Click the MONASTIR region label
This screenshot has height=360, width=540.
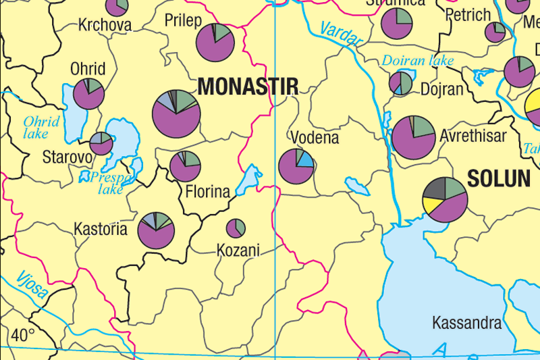click(x=248, y=86)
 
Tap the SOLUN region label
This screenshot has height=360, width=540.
click(x=498, y=178)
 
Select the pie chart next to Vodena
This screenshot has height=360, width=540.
click(x=296, y=166)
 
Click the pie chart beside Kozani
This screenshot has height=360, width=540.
click(x=236, y=228)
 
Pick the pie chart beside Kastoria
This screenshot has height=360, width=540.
click(x=157, y=230)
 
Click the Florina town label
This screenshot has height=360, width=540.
click(x=207, y=192)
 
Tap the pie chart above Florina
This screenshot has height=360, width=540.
click(x=185, y=166)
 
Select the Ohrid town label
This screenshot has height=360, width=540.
click(x=88, y=69)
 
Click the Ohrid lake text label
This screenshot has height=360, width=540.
click(x=41, y=128)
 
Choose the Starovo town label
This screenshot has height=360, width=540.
click(x=67, y=157)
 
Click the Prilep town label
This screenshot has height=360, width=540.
click(x=183, y=21)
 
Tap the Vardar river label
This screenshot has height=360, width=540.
click(x=341, y=34)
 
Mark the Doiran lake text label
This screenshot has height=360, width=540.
click(x=417, y=61)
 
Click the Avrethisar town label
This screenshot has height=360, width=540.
click(x=473, y=136)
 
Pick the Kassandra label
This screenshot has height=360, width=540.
click(x=466, y=322)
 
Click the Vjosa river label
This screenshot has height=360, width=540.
click(x=32, y=283)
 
